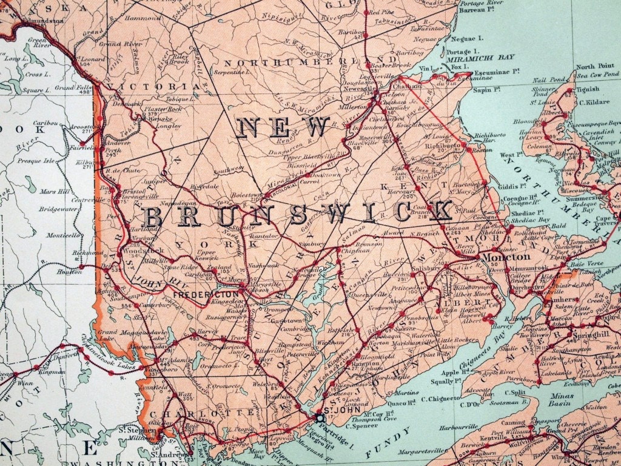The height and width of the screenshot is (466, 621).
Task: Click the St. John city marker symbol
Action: click(320, 417)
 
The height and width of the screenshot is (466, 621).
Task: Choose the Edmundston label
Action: click(42, 21)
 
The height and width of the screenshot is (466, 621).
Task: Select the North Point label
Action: click(595, 67)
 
